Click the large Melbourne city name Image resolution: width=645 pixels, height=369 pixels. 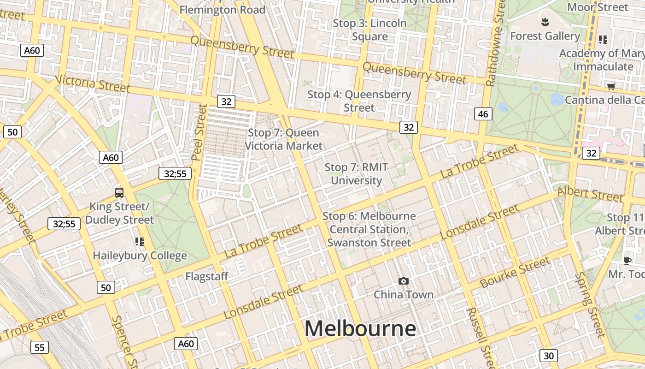(360, 329)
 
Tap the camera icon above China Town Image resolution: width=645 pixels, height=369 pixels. (403, 281)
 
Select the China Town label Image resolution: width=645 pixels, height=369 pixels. (403, 294)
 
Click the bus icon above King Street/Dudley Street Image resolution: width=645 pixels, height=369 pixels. (119, 192)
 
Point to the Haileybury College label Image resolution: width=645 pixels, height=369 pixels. (140, 256)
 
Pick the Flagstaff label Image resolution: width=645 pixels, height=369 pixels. (207, 276)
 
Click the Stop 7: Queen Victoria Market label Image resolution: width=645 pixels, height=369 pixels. (283, 139)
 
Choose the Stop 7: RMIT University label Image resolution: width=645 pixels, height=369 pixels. (356, 173)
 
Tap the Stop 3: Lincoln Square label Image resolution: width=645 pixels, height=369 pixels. (369, 30)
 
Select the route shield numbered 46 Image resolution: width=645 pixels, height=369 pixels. (483, 114)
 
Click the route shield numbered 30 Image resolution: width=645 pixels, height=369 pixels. (548, 356)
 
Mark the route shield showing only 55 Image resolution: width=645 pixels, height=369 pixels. (39, 347)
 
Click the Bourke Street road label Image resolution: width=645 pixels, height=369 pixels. (515, 273)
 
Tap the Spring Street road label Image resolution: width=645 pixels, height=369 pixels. (590, 304)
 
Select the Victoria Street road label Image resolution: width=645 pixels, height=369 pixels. (93, 83)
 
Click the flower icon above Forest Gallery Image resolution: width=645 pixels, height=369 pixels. (545, 22)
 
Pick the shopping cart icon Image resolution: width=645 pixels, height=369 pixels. (611, 86)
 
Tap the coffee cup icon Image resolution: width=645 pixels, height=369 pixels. (627, 261)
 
